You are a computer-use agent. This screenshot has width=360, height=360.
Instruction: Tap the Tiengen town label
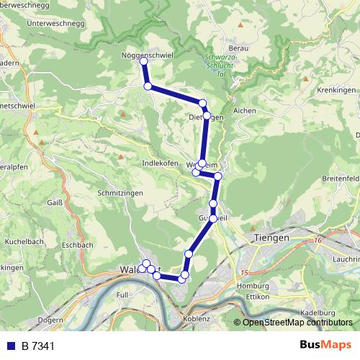pyautogui.click(x=271, y=238)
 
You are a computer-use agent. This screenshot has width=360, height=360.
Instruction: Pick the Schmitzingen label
pyautogui.click(x=120, y=194)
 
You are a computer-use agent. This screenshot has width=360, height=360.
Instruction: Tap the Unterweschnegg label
pyautogui.click(x=54, y=24)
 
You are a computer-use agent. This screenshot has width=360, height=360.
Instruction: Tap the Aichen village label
pyautogui.click(x=245, y=111)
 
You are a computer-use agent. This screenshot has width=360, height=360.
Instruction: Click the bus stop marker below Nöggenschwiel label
pyautogui.click(x=143, y=62)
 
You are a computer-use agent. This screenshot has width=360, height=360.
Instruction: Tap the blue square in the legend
pyautogui.click(x=11, y=346)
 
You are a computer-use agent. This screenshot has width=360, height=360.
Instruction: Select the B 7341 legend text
pyautogui.click(x=38, y=346)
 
